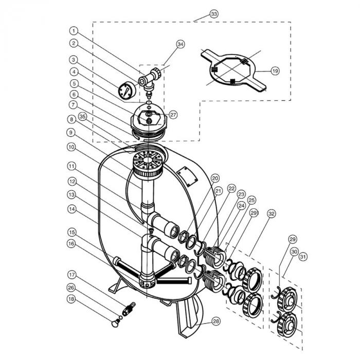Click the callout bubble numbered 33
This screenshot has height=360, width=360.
coord(214,14)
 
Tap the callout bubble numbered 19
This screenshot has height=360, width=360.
coord(275,71)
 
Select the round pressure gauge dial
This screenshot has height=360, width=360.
coord(127,91)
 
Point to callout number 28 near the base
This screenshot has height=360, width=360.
coord(216,321)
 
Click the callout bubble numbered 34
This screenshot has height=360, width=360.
coord(181,44)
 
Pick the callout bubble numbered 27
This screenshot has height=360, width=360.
coord(173,115)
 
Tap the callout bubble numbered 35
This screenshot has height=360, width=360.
coord(83,117)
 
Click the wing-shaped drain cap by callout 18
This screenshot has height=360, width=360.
coord(115,323)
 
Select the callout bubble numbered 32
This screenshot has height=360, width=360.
coord(272,214)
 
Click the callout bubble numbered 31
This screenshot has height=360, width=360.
coord(303,257)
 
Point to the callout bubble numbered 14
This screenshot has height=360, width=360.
coord(72,209)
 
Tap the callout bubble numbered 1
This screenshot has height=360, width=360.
coord(74,31)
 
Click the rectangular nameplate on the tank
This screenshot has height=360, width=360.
coord(187,176)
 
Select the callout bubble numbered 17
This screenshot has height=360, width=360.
coord(72,275)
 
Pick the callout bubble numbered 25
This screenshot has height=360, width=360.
coord(251,200)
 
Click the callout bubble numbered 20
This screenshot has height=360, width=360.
coord(215,178)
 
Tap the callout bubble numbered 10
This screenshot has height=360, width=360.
coord(71,147)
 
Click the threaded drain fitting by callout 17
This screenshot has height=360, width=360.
coord(129,309)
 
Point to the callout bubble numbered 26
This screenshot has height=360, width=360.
coord(71,287)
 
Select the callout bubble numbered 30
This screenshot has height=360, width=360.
coord(294,251)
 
